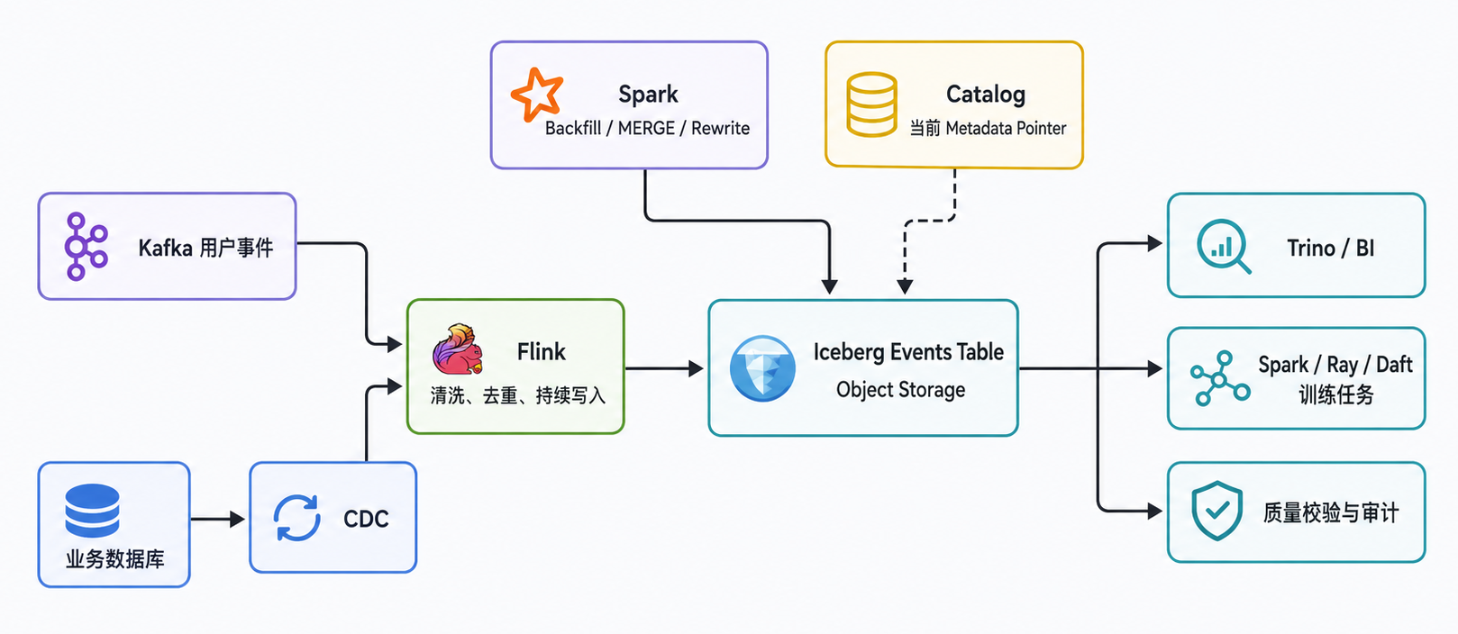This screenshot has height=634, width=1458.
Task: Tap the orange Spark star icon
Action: (x=537, y=95)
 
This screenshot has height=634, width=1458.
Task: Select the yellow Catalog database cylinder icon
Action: (x=871, y=104)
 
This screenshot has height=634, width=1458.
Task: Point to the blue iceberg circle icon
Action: (x=762, y=368)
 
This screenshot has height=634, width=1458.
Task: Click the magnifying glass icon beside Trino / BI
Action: (x=1223, y=246)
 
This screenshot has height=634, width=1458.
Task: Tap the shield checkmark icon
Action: (x=1217, y=512)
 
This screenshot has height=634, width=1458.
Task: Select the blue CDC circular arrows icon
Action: (x=296, y=518)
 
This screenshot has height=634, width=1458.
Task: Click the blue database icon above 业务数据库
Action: (x=93, y=511)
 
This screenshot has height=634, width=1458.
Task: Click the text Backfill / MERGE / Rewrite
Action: (x=647, y=128)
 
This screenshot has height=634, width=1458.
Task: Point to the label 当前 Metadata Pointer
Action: (x=988, y=128)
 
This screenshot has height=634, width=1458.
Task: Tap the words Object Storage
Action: (x=901, y=390)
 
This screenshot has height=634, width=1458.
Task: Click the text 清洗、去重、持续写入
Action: (x=518, y=395)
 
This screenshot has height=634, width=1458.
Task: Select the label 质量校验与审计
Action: (x=1330, y=512)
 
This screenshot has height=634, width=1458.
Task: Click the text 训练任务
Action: (x=1336, y=394)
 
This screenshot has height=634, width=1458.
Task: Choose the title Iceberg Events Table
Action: (x=908, y=352)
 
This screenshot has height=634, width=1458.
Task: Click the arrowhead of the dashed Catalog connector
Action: (x=905, y=286)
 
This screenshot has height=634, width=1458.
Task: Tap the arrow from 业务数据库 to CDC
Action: (x=217, y=519)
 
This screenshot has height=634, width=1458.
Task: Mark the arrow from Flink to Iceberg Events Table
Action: (x=664, y=368)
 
